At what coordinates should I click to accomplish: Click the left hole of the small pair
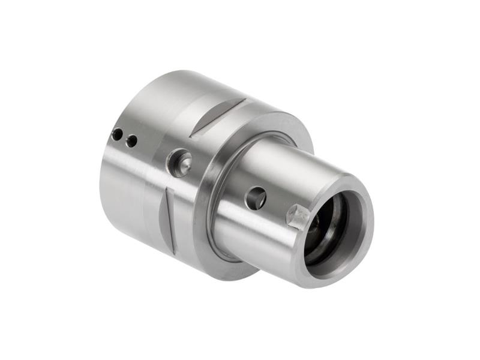(118, 134)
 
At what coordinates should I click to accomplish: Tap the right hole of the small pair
(131, 141)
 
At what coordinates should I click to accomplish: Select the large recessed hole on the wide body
(179, 163)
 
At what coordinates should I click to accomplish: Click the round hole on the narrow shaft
(256, 197)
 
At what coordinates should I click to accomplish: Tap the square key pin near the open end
(298, 216)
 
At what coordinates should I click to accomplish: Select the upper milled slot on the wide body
(219, 115)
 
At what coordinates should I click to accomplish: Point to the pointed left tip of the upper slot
(193, 134)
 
